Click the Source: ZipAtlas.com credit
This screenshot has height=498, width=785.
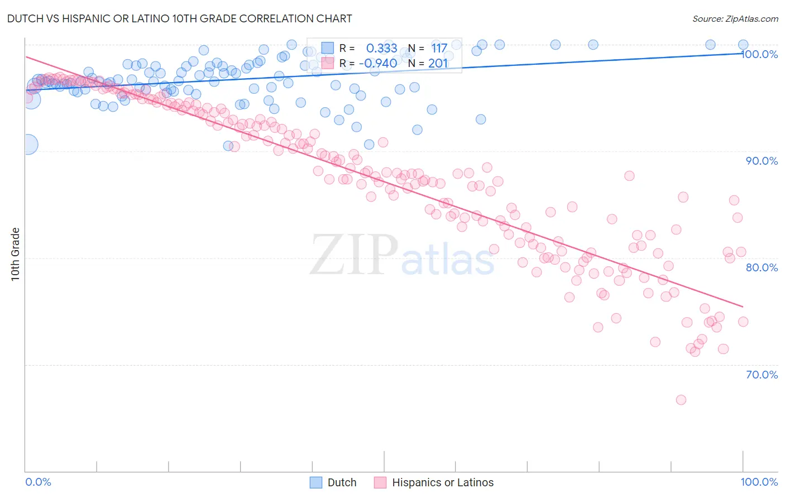tap(735, 18)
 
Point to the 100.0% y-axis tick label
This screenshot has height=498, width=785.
tap(761, 54)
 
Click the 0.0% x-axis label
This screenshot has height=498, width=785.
tap(38, 482)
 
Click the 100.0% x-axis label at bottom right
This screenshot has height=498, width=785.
tap(759, 482)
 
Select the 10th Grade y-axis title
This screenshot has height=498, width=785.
tap(16, 254)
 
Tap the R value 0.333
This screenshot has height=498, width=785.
tap(381, 49)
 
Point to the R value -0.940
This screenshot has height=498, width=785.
tap(378, 63)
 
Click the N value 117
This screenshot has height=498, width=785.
tap(439, 49)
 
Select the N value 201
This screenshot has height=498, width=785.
tap(438, 63)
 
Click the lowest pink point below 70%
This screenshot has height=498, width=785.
tap(681, 400)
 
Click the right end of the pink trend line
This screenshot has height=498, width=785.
tap(743, 307)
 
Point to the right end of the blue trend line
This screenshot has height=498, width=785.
tap(743, 53)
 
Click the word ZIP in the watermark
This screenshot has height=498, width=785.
tap(354, 255)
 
